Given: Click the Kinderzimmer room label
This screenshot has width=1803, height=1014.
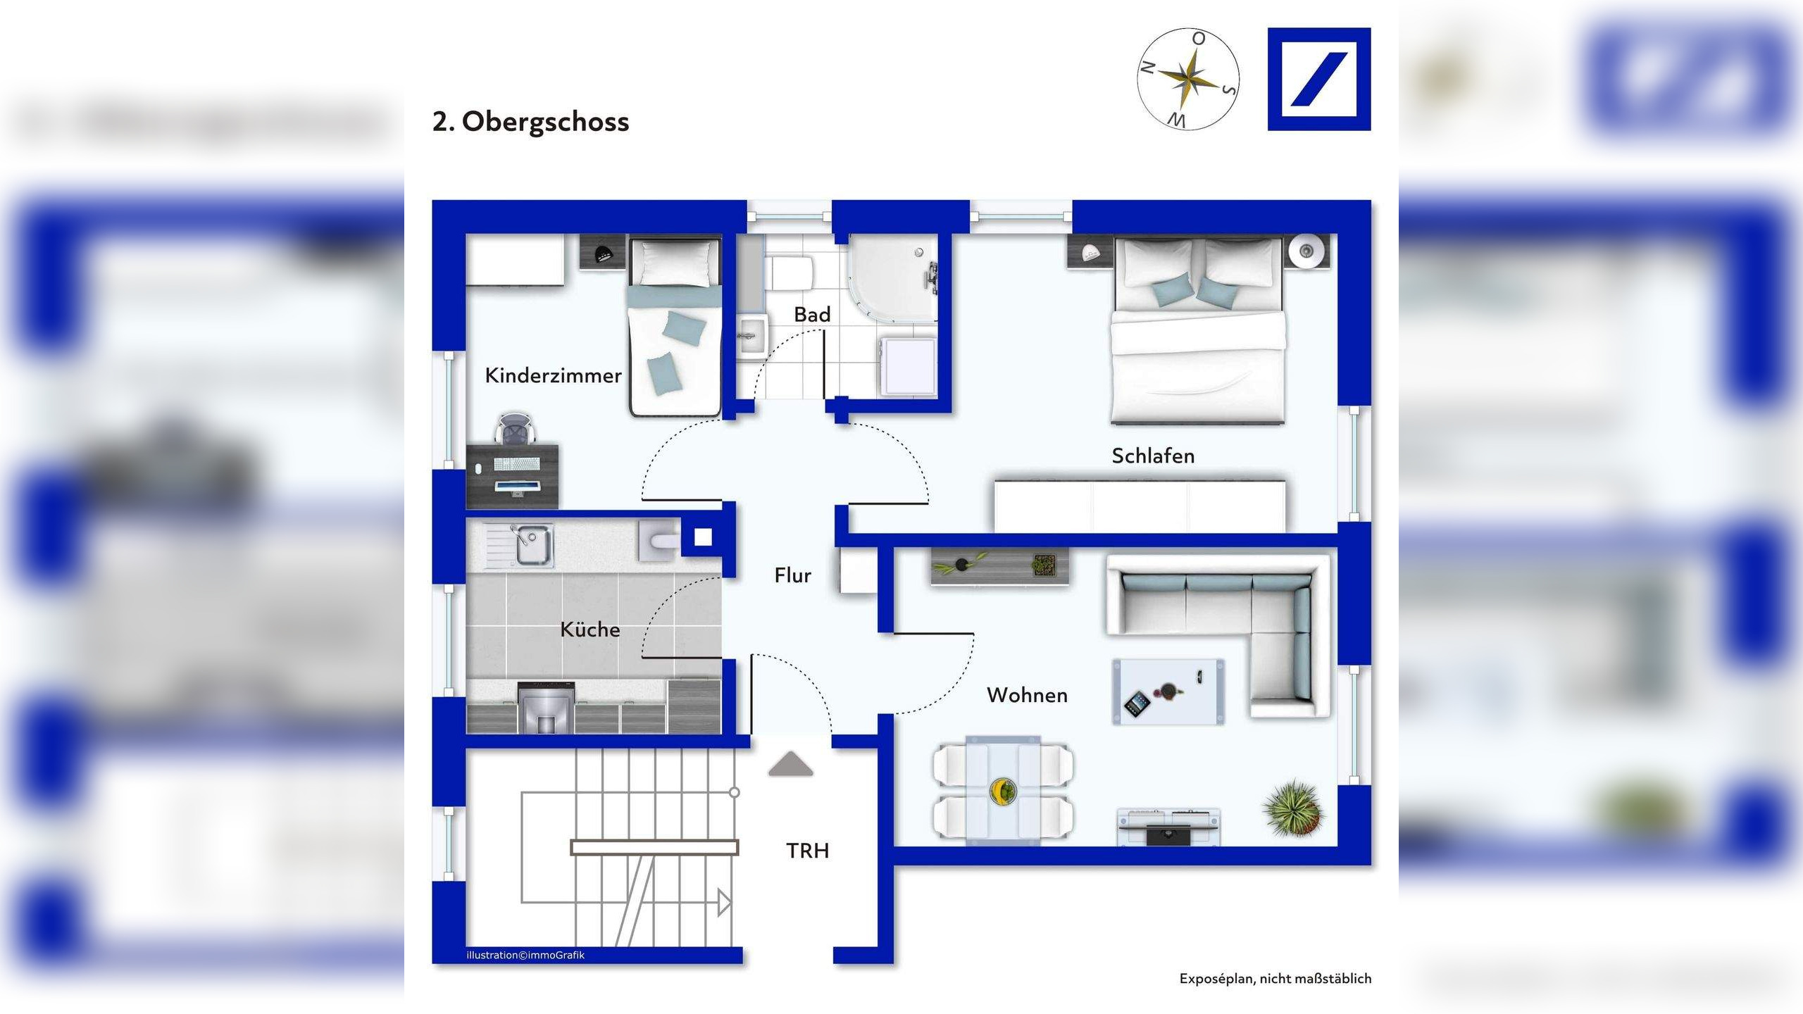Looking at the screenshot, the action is [x=553, y=375].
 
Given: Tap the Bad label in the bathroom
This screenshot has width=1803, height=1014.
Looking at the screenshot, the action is [x=812, y=314].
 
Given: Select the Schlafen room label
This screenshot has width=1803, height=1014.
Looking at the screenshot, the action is [x=1153, y=456].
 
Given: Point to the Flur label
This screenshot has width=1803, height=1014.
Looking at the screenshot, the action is [x=792, y=575].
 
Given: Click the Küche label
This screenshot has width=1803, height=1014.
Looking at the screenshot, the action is [x=589, y=629].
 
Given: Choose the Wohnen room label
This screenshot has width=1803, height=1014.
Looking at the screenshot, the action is [x=1027, y=695].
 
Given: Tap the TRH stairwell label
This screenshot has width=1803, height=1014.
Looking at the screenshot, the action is [x=807, y=851].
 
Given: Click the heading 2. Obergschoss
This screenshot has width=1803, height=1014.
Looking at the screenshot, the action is [x=530, y=122].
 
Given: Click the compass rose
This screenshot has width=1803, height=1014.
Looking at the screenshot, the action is [x=1188, y=79].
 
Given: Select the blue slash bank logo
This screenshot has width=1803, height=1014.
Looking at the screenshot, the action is [x=1319, y=79].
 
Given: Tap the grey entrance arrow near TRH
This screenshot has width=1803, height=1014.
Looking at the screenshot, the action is [x=790, y=764].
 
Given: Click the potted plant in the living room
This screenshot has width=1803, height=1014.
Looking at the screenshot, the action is [x=1294, y=808].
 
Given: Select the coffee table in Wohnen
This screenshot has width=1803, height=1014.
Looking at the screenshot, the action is [x=1168, y=691].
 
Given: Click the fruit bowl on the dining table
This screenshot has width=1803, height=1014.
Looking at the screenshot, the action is [x=1002, y=791].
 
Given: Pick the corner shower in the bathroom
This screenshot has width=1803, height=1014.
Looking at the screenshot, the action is [x=893, y=278].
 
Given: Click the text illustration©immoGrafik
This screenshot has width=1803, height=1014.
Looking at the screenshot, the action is [x=525, y=956].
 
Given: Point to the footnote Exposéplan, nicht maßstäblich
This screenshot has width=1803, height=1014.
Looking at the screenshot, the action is [x=1275, y=979].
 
